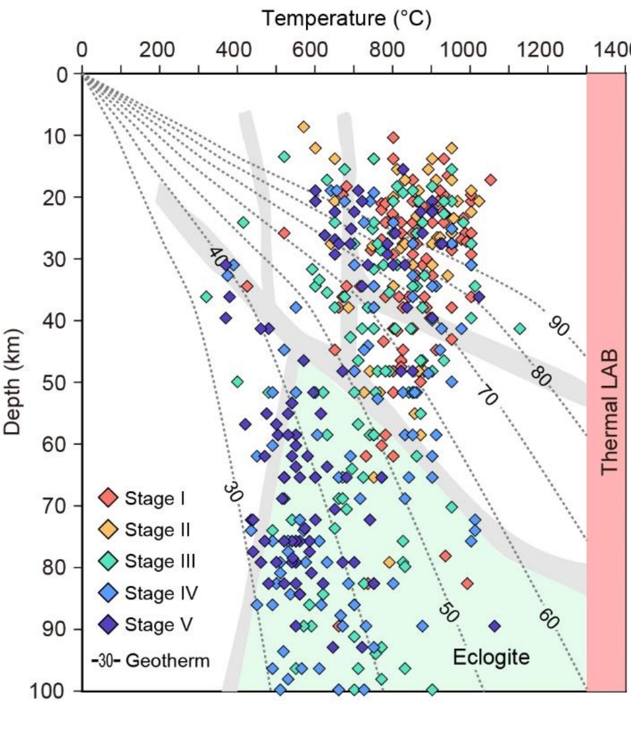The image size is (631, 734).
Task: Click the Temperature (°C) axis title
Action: (346, 18)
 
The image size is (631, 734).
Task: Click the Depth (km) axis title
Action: (12, 382)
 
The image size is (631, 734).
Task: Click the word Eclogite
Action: (491, 657)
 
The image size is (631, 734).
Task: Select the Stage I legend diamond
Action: (108, 498)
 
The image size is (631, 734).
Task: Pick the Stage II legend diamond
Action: (108, 530)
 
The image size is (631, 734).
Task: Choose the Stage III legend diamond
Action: (108, 561)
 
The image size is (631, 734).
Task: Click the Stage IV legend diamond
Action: (108, 593)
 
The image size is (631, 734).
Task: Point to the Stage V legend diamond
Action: (108, 624)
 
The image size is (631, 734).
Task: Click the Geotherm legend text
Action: (168, 661)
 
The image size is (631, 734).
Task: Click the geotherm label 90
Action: (559, 327)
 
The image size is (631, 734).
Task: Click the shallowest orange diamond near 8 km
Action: (304, 127)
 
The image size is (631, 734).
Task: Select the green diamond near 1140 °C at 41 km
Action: (520, 329)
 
